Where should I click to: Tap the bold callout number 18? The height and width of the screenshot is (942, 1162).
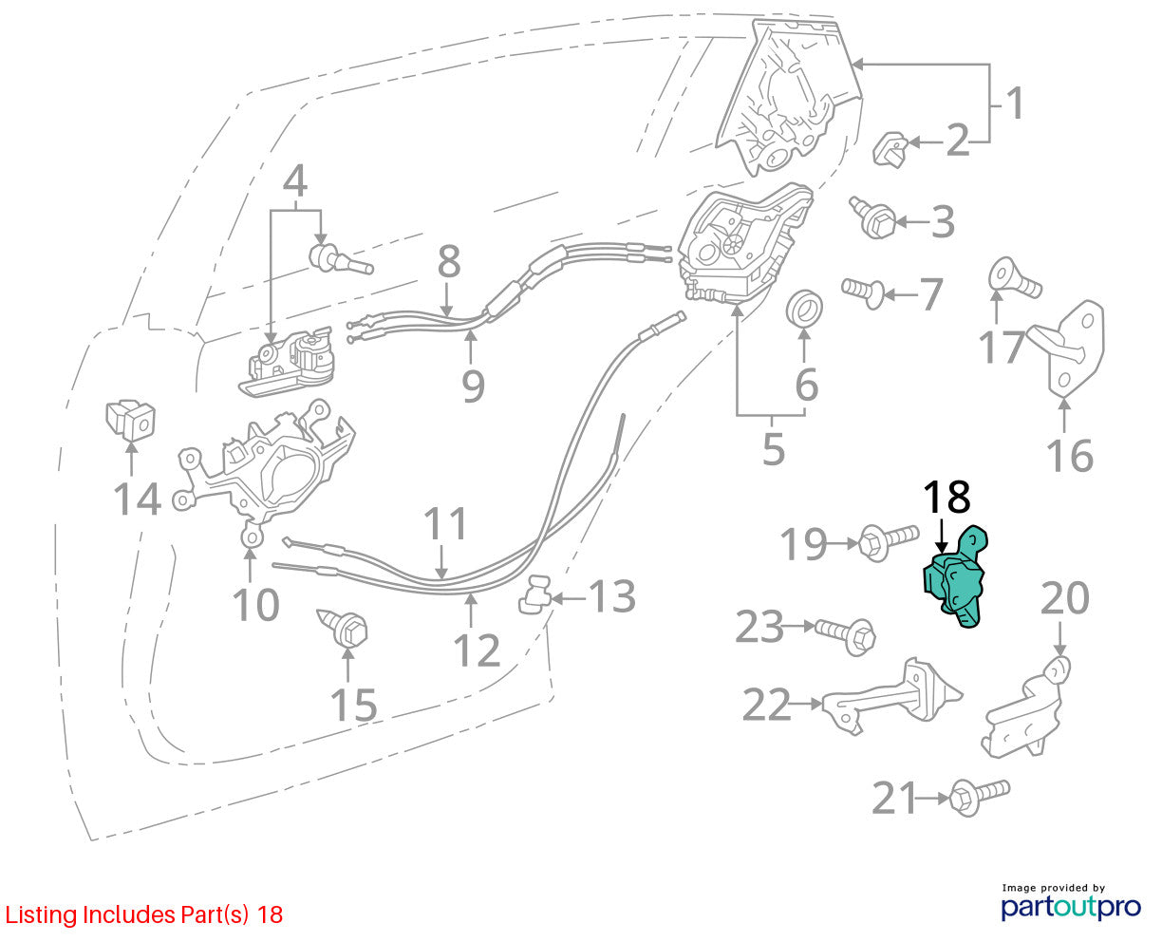click(946, 497)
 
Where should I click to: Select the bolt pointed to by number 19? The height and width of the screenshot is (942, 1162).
click(888, 541)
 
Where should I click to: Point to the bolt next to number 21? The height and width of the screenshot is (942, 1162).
click(979, 798)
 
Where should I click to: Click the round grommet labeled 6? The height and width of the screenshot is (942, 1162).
click(804, 309)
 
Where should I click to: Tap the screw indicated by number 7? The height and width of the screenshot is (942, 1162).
click(863, 293)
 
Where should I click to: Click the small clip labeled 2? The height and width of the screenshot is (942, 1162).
click(890, 148)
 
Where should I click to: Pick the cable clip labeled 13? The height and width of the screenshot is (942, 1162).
click(535, 594)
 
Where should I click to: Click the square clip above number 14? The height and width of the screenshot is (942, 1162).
click(130, 419)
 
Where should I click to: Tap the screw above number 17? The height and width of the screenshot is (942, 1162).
click(1015, 278)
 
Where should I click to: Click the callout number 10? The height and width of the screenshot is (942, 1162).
click(255, 605)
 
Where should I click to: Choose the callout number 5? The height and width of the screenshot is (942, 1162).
click(774, 449)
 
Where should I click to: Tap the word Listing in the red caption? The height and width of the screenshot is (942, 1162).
click(41, 914)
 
